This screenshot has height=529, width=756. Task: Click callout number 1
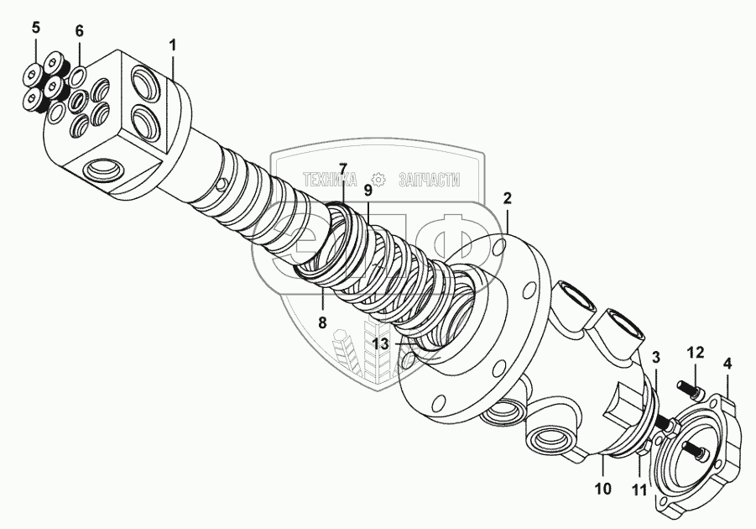[x=173, y=45]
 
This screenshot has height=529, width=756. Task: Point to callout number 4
[x=727, y=364]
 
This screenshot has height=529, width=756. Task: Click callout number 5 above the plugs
[x=35, y=29]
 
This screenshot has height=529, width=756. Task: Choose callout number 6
[x=80, y=31]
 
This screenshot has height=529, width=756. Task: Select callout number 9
[x=368, y=191]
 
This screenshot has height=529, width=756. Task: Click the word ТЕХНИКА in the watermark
[x=330, y=179]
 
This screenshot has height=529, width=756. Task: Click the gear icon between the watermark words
[x=378, y=179]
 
